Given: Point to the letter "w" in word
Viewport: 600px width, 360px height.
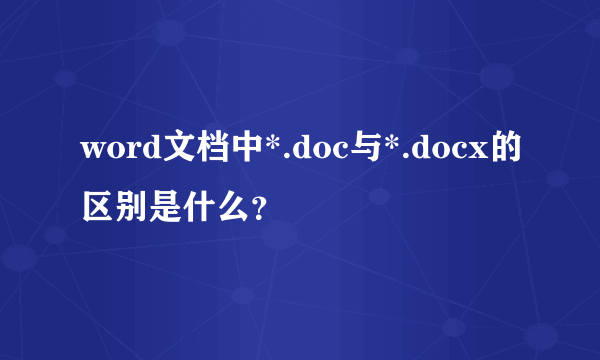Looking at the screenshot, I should [92, 152].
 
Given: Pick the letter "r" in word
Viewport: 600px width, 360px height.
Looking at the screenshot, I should [128, 152].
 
